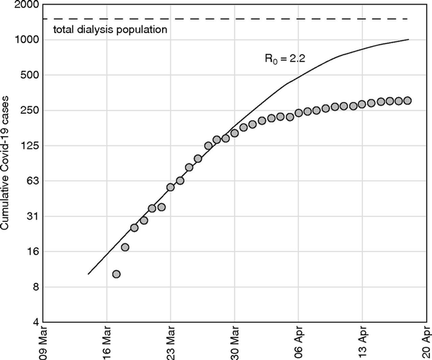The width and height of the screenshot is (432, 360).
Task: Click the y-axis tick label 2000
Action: (x=26, y=4)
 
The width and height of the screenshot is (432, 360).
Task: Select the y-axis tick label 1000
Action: (x=26, y=40)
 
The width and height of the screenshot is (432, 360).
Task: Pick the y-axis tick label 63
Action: (x=32, y=181)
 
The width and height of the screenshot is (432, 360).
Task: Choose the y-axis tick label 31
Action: (x=32, y=216)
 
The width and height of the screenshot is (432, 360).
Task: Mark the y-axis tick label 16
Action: (x=32, y=251)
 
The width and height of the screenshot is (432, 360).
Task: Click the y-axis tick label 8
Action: (x=35, y=287)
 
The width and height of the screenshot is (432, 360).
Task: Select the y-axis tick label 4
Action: (x=35, y=322)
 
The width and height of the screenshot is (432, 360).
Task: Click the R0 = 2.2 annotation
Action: (x=287, y=60)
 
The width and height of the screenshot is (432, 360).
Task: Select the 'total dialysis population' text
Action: (x=111, y=30)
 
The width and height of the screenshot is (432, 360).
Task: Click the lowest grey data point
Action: (x=116, y=274)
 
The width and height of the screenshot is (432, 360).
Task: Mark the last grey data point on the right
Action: (x=408, y=101)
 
